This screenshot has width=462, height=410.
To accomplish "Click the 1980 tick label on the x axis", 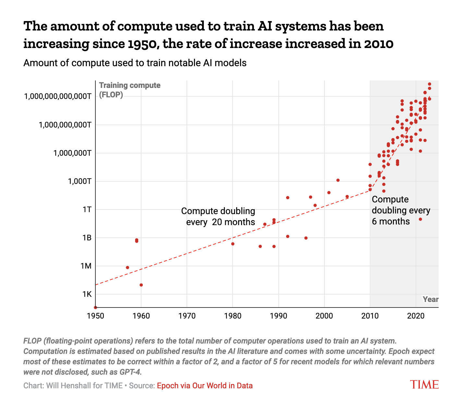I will click(x=233, y=316).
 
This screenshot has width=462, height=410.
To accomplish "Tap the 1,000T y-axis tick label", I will click(x=78, y=181).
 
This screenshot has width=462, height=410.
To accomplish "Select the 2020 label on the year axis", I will click(x=416, y=316).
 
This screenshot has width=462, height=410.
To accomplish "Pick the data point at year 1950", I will click(x=95, y=307).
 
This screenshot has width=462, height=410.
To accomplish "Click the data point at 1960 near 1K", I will click(x=141, y=285).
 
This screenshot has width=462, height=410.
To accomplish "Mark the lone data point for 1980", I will click(x=233, y=244).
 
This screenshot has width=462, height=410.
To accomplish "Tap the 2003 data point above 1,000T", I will click(x=338, y=180).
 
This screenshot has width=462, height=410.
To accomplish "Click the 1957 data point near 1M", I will click(x=128, y=268).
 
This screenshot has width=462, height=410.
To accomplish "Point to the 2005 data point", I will click(x=347, y=197).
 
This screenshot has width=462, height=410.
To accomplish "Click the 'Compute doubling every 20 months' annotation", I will click(x=218, y=216).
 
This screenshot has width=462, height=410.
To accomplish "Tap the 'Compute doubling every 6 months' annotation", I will click(x=401, y=210).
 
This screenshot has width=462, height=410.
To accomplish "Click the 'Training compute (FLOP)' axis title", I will click(x=129, y=90).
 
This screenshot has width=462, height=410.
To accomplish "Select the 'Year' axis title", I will click(x=431, y=299).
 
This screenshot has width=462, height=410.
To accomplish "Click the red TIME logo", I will click(x=424, y=384).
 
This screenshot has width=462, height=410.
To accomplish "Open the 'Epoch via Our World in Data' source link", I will click(x=205, y=386).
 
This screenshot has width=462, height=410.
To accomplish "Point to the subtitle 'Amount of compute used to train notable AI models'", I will click(x=135, y=63).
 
